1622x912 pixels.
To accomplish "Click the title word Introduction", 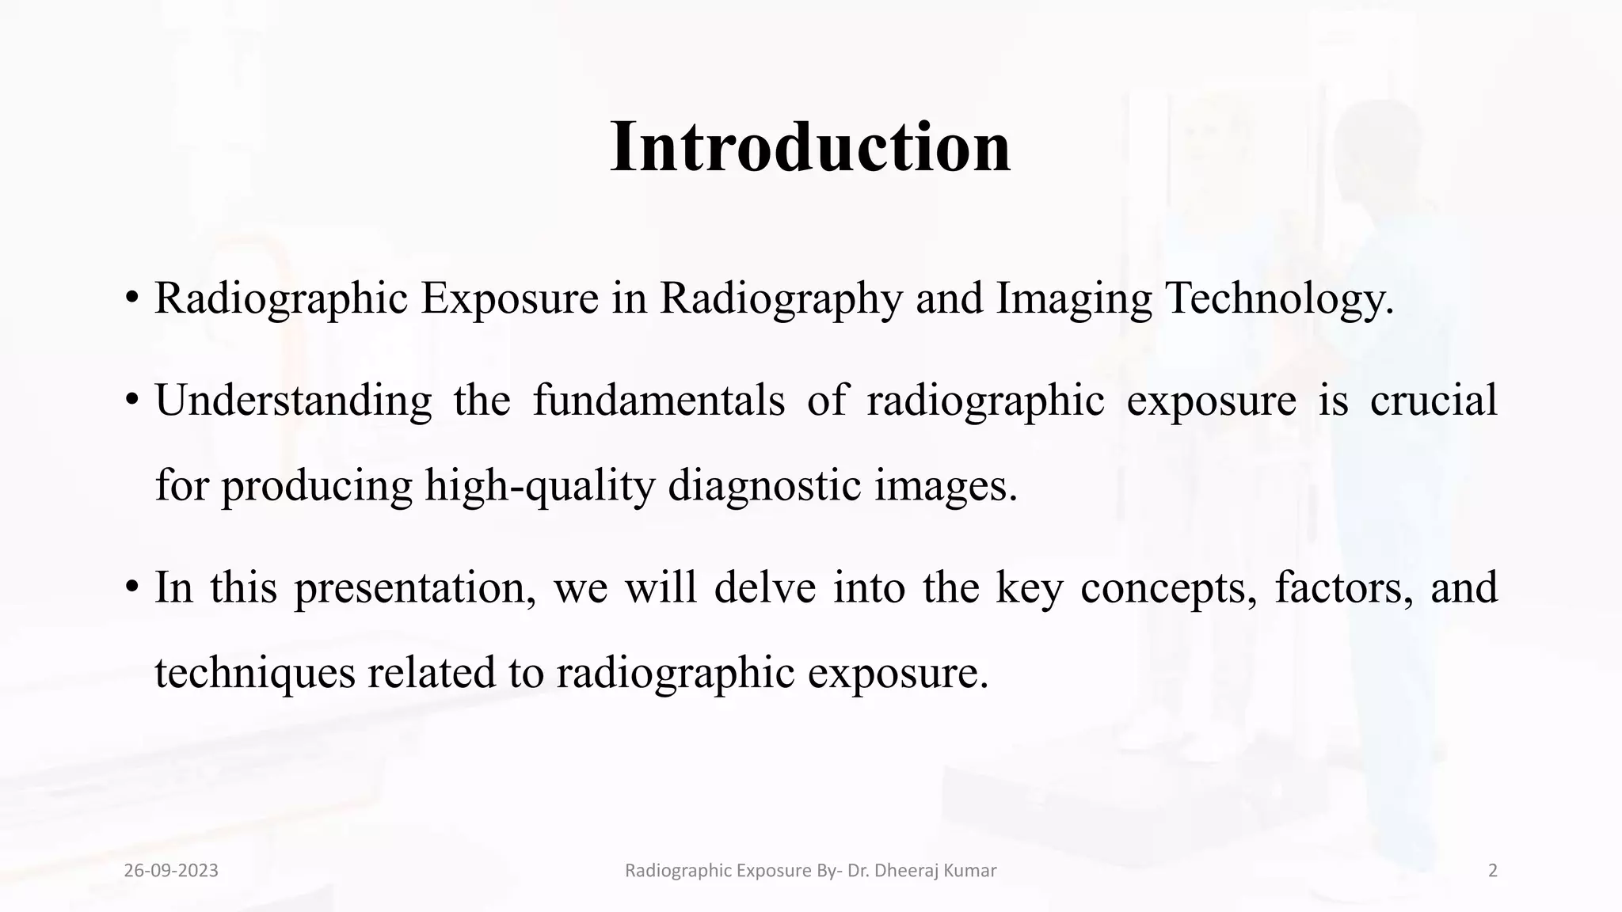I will pyautogui.click(x=810, y=147).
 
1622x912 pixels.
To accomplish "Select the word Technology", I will pyautogui.click(x=1279, y=298).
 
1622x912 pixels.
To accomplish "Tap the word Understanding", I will pyautogui.click(x=293, y=401).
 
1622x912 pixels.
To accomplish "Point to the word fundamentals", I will pyautogui.click(x=658, y=400).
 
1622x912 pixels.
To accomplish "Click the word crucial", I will pyautogui.click(x=1434, y=400).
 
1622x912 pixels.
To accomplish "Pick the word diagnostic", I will pyautogui.click(x=764, y=485).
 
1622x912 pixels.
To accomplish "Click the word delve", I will pyautogui.click(x=764, y=587).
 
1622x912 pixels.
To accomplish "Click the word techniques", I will pyautogui.click(x=254, y=673).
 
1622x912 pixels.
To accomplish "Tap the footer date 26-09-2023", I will pyautogui.click(x=171, y=871).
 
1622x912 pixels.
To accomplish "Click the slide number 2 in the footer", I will pyautogui.click(x=1493, y=871).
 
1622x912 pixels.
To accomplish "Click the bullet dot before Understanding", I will pyautogui.click(x=131, y=401).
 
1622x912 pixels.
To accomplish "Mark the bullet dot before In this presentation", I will pyautogui.click(x=131, y=588).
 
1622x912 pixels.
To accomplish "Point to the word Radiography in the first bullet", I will pyautogui.click(x=781, y=298).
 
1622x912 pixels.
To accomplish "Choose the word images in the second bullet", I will pyautogui.click(x=946, y=485).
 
